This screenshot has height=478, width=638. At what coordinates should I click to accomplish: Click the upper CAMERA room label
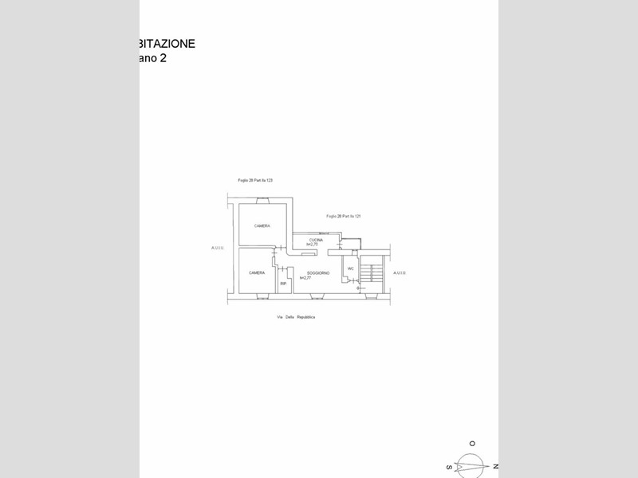tap(262, 226)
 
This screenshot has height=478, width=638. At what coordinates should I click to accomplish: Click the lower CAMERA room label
tap(257, 273)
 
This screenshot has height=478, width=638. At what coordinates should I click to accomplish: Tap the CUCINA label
tap(316, 239)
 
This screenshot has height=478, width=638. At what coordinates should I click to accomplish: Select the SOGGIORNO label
tap(318, 273)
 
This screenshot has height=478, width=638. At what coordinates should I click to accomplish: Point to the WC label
tap(350, 268)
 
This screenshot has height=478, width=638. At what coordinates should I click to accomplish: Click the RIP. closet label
tap(282, 283)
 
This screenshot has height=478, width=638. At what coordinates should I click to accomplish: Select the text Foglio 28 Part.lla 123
tap(255, 181)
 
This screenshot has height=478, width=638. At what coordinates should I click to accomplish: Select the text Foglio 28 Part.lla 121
tap(344, 217)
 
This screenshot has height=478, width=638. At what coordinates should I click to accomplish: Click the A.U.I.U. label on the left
tap(218, 248)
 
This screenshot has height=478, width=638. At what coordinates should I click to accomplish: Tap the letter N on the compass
tap(495, 465)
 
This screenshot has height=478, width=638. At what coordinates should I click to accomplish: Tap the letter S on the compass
tap(450, 468)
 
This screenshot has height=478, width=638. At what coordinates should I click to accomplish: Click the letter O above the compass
tap(472, 443)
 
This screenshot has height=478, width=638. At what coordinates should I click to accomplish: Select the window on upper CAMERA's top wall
tap(263, 203)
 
